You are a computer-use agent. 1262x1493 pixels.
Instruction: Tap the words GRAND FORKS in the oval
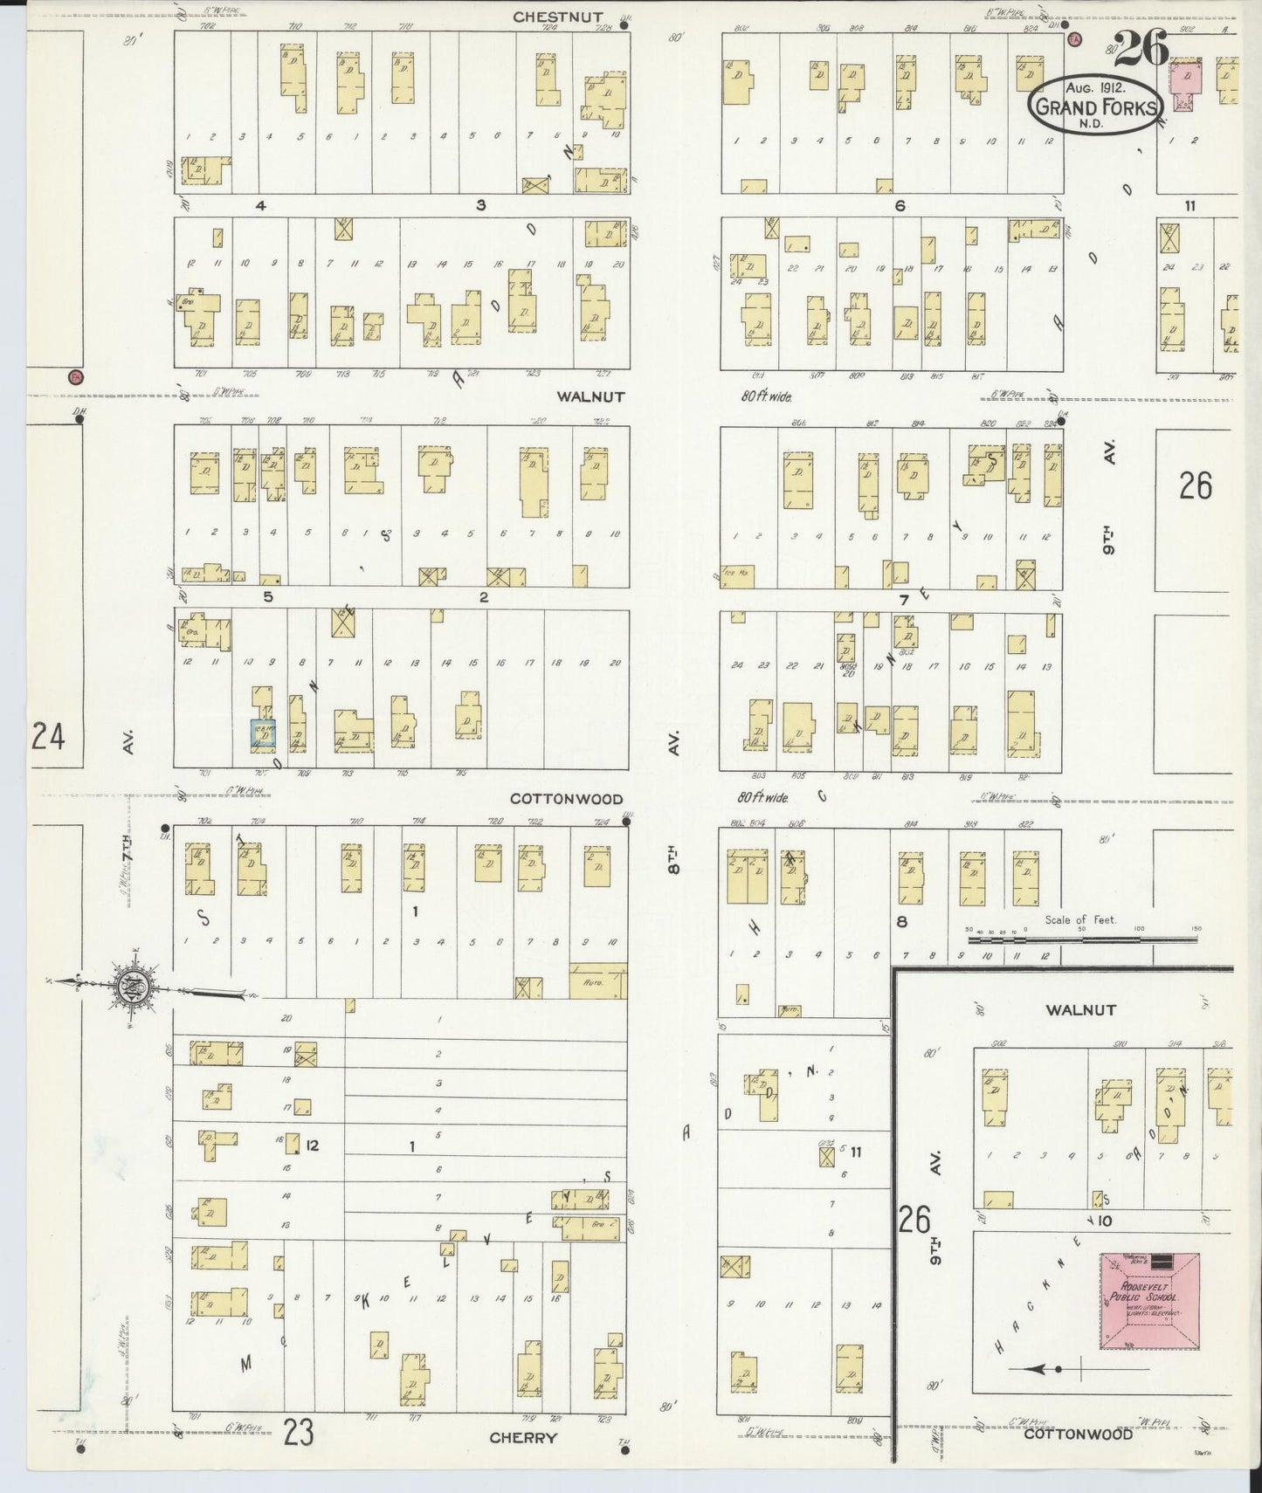1097,109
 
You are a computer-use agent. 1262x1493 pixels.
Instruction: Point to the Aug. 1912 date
1095,88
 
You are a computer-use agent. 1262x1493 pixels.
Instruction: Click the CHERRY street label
523,1437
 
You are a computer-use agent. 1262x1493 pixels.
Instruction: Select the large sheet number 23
298,1432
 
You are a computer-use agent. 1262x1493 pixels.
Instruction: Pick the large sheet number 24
47,738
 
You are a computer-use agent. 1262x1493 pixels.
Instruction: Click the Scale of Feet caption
1080,920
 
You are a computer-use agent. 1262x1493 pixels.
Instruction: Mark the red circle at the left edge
75,377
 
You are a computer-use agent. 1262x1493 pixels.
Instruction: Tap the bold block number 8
901,921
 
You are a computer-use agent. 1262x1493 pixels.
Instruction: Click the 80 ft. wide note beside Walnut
765,396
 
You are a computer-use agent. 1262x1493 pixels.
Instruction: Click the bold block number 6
900,206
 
